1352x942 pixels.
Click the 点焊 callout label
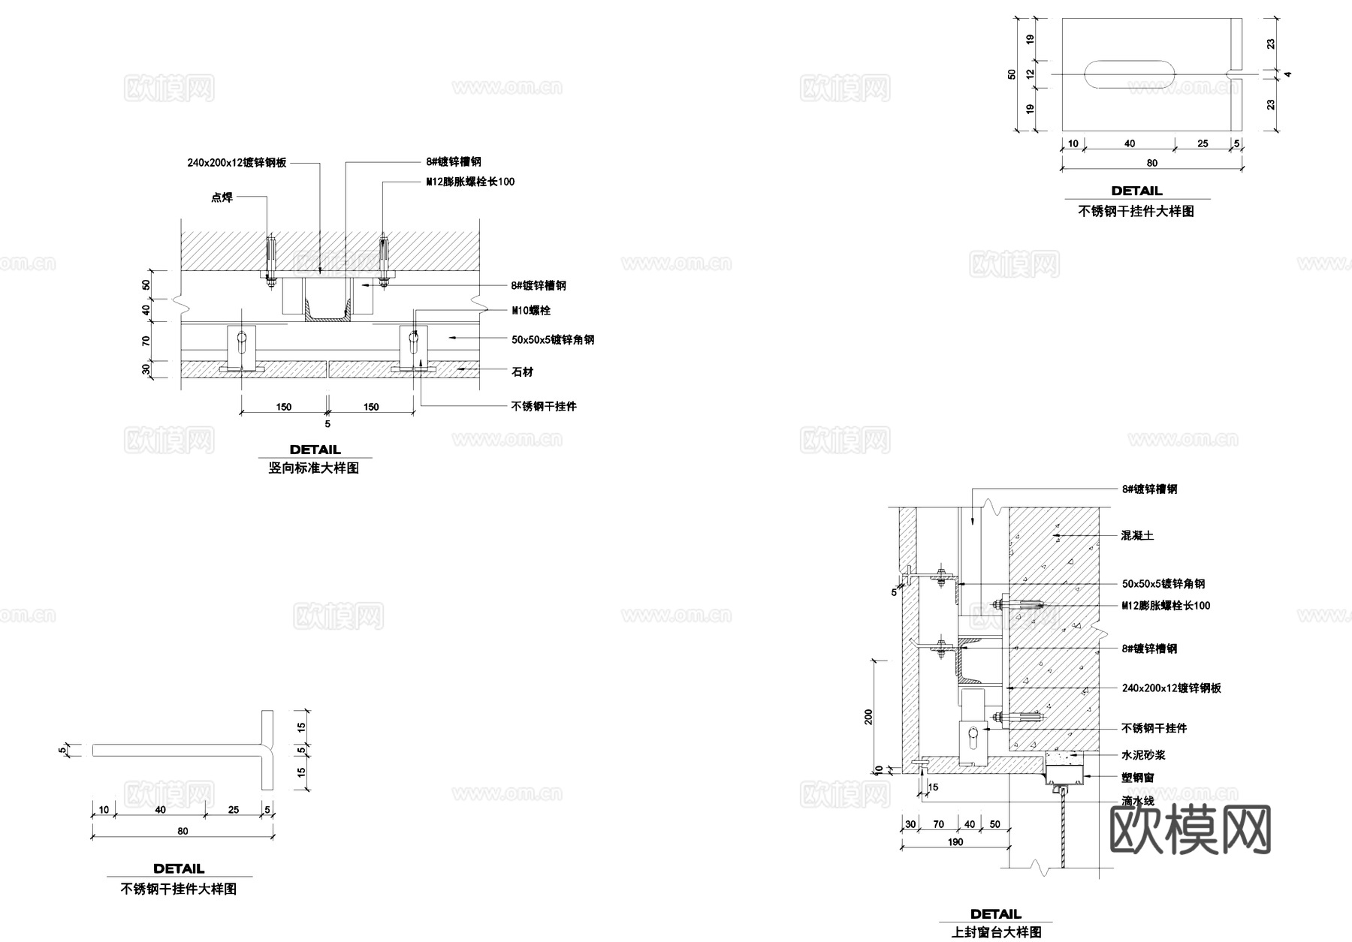(222, 197)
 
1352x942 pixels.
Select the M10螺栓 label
(531, 310)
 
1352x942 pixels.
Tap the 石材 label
(522, 372)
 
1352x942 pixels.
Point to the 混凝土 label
(1137, 535)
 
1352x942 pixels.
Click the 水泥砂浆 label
(1143, 755)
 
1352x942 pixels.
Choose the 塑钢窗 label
(1138, 778)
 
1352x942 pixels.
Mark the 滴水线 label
(1138, 801)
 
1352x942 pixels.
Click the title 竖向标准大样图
(314, 468)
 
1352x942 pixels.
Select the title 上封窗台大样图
(996, 932)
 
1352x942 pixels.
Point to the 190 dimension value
(955, 842)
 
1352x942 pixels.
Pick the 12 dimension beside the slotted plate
(1031, 74)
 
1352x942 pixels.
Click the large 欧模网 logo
(1190, 830)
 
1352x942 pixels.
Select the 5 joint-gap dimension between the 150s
(327, 424)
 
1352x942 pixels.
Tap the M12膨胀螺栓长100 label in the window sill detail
(1166, 606)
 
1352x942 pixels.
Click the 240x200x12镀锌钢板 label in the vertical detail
(237, 162)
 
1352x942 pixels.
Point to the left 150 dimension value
(283, 407)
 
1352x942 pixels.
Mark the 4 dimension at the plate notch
(1287, 74)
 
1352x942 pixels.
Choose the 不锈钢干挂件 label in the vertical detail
(544, 406)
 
